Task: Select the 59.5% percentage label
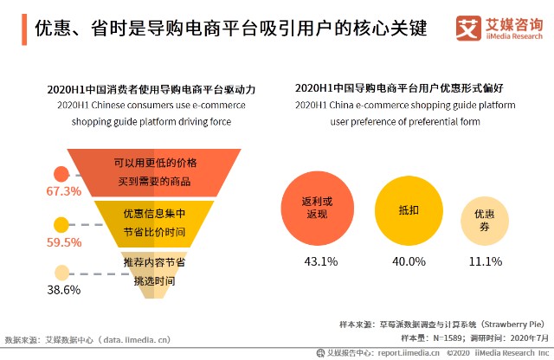[63, 242]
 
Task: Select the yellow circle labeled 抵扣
[408, 209]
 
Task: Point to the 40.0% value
[409, 261]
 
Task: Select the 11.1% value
[485, 261]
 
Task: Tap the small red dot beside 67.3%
[61, 173]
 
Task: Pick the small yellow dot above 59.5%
[61, 225]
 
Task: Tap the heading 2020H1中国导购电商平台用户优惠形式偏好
[405, 88]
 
